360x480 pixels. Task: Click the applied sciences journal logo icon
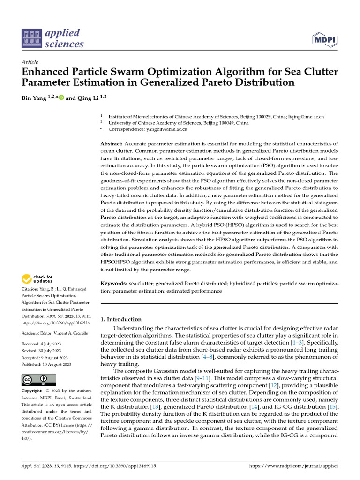32,38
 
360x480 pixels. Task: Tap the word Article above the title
30,63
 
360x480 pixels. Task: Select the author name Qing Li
87,98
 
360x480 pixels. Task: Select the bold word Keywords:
114,284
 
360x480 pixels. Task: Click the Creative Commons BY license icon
38,380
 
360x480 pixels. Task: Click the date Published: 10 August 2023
46,364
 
